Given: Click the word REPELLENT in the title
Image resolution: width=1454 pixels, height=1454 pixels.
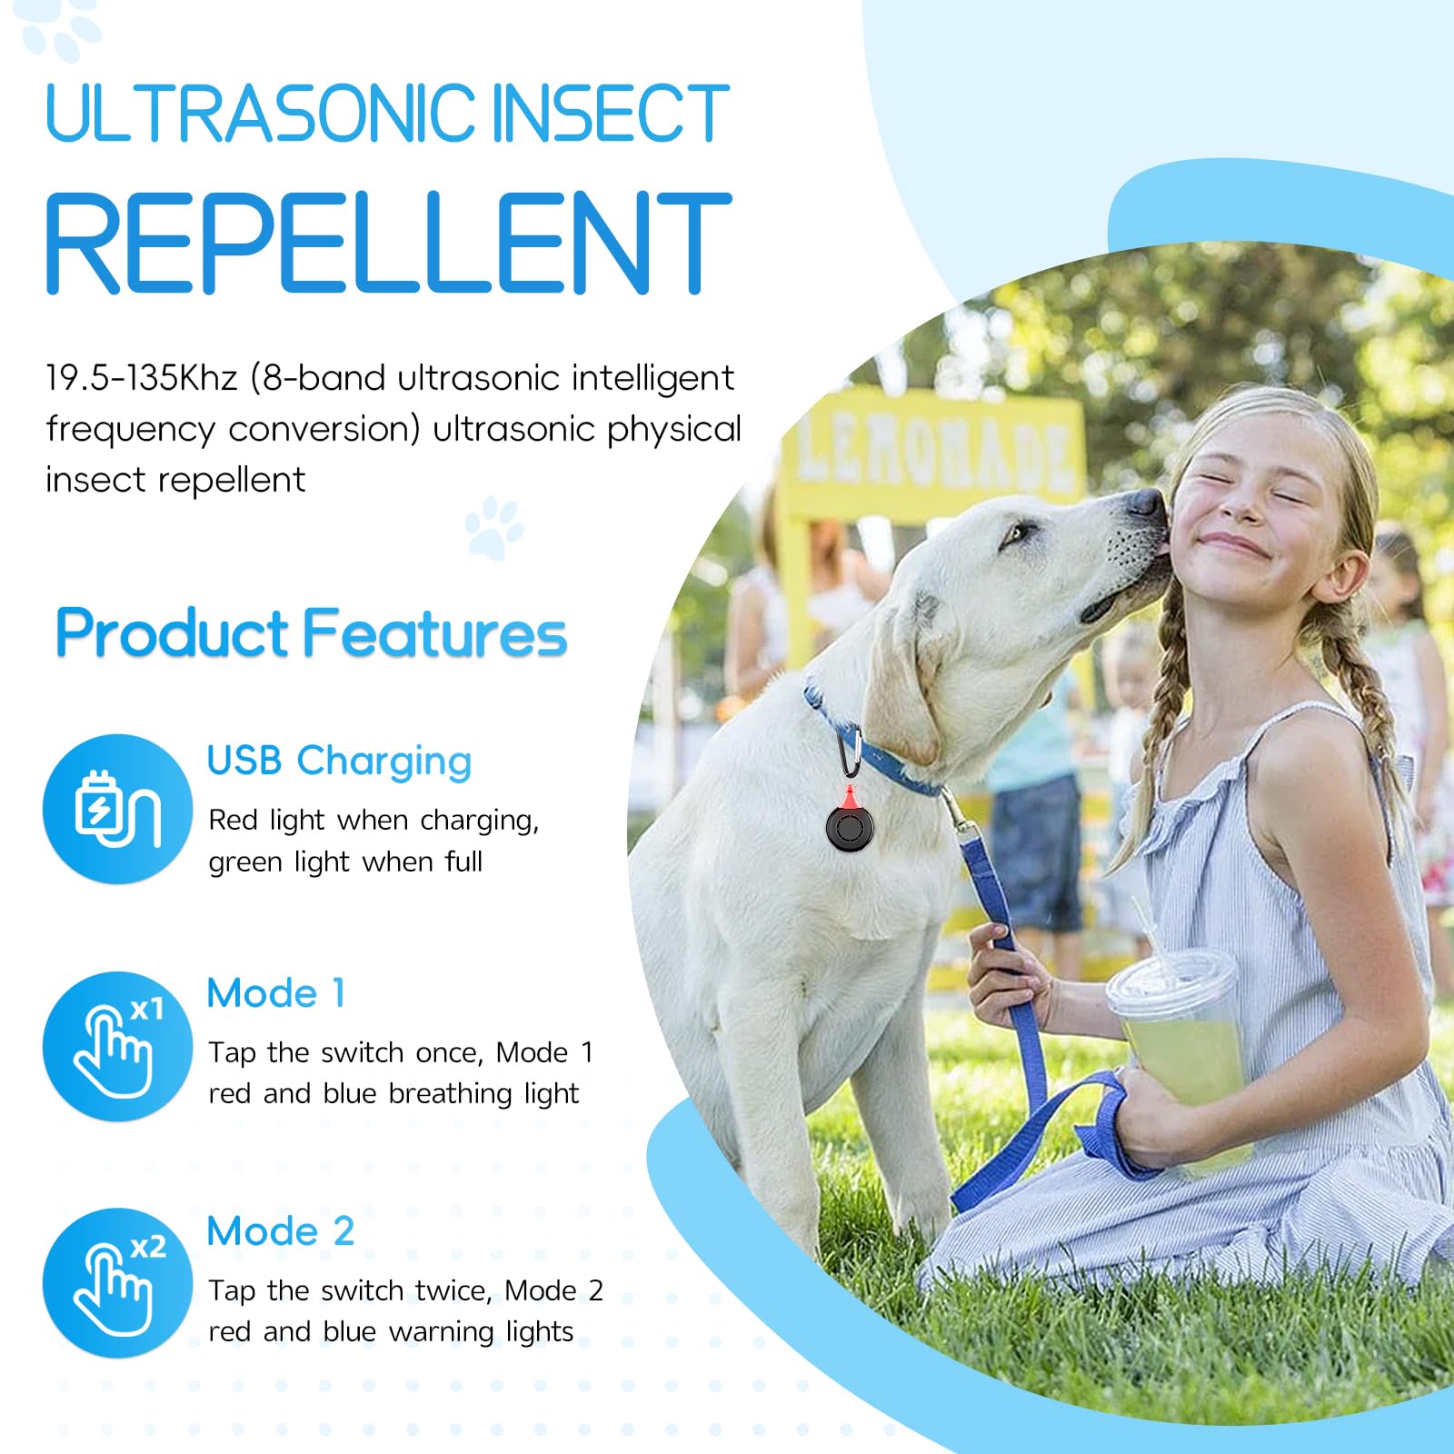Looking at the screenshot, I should click(x=388, y=244).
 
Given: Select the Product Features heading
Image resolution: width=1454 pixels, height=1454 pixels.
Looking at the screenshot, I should click(x=311, y=633).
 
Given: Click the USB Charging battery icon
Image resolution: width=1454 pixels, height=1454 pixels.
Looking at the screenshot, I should click(x=117, y=808).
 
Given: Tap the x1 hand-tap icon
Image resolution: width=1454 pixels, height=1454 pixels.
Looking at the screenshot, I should click(x=117, y=1046).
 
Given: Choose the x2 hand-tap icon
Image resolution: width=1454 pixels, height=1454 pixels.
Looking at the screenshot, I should click(x=117, y=1283).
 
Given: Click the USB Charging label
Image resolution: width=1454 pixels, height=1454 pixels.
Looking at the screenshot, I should click(x=339, y=761).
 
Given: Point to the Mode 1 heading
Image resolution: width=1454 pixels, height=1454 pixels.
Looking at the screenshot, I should click(x=276, y=993).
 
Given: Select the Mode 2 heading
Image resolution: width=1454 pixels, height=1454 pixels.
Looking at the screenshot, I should click(x=280, y=1231).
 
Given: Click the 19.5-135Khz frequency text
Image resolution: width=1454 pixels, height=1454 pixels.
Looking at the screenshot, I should click(x=142, y=377).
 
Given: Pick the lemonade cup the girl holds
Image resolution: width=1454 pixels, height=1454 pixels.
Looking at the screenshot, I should click(x=1179, y=1036).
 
